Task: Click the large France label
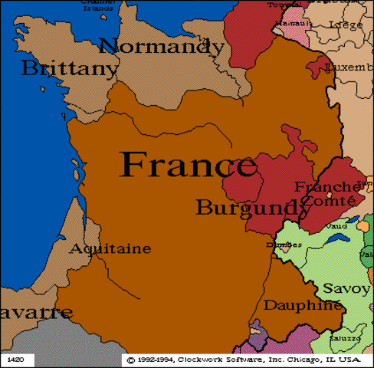(x=189, y=164)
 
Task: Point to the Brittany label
(x=70, y=69)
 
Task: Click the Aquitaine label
(x=110, y=249)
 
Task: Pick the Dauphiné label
(x=303, y=305)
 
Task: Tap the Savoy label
(x=346, y=288)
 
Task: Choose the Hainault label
(x=289, y=24)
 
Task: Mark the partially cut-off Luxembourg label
(x=349, y=67)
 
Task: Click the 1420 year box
(x=15, y=358)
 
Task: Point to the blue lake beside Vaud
(x=336, y=240)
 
